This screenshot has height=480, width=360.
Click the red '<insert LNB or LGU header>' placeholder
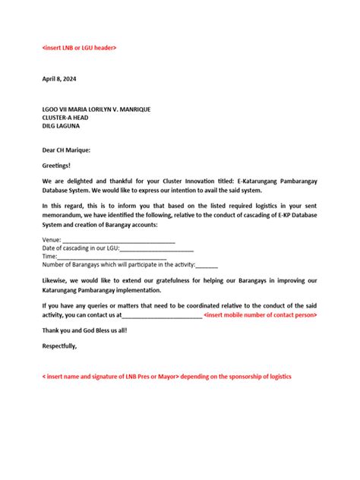pyautogui.click(x=79, y=48)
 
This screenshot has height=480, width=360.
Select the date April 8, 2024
pyautogui.click(x=59, y=79)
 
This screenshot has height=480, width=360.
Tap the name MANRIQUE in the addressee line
pyautogui.click(x=131, y=109)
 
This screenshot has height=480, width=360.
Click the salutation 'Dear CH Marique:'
pyautogui.click(x=66, y=150)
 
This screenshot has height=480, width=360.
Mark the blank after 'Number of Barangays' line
pyautogui.click(x=207, y=266)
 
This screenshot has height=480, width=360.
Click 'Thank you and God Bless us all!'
pyautogui.click(x=84, y=330)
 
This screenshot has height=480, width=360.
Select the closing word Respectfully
pyautogui.click(x=59, y=346)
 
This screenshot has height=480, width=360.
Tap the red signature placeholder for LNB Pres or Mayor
pyautogui.click(x=166, y=377)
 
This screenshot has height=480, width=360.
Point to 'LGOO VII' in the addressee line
pyautogui.click(x=55, y=109)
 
